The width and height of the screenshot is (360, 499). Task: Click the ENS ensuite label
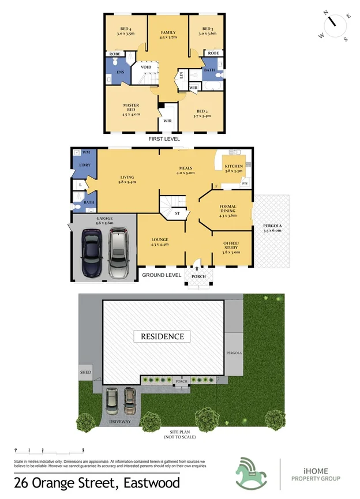click(x=120, y=72)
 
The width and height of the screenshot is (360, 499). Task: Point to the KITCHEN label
click(x=234, y=167)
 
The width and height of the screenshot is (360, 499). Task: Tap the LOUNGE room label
click(x=159, y=242)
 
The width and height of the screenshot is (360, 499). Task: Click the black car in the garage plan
click(x=92, y=252)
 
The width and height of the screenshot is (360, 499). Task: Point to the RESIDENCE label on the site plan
click(x=162, y=336)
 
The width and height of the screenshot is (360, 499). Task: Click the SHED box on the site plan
click(x=85, y=373)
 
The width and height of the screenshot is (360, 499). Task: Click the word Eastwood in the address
click(x=150, y=483)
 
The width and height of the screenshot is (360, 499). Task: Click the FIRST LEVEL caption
click(x=164, y=139)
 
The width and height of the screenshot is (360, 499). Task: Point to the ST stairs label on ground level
click(x=177, y=213)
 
